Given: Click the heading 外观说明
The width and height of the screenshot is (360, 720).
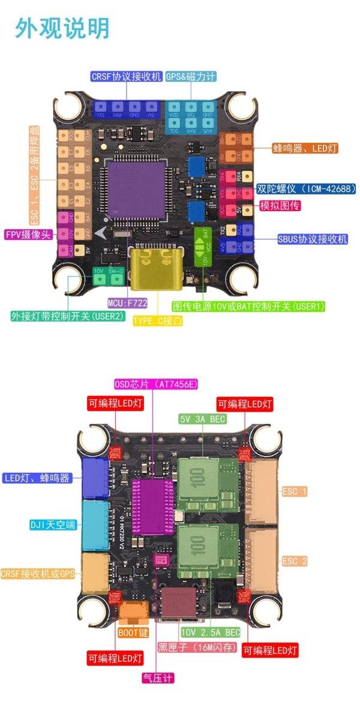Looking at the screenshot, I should (x=63, y=28).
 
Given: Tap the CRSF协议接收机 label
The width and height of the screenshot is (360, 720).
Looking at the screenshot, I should (x=127, y=76).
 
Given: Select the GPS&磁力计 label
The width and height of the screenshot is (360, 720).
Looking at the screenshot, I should (x=191, y=76).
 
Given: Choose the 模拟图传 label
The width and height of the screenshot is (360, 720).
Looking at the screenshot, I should (x=280, y=206).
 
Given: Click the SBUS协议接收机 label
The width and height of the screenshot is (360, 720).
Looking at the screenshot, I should (x=313, y=239).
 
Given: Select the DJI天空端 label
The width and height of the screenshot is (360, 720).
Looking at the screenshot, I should (x=53, y=524).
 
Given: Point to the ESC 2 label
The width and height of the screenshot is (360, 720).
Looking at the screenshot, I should (x=295, y=561).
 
